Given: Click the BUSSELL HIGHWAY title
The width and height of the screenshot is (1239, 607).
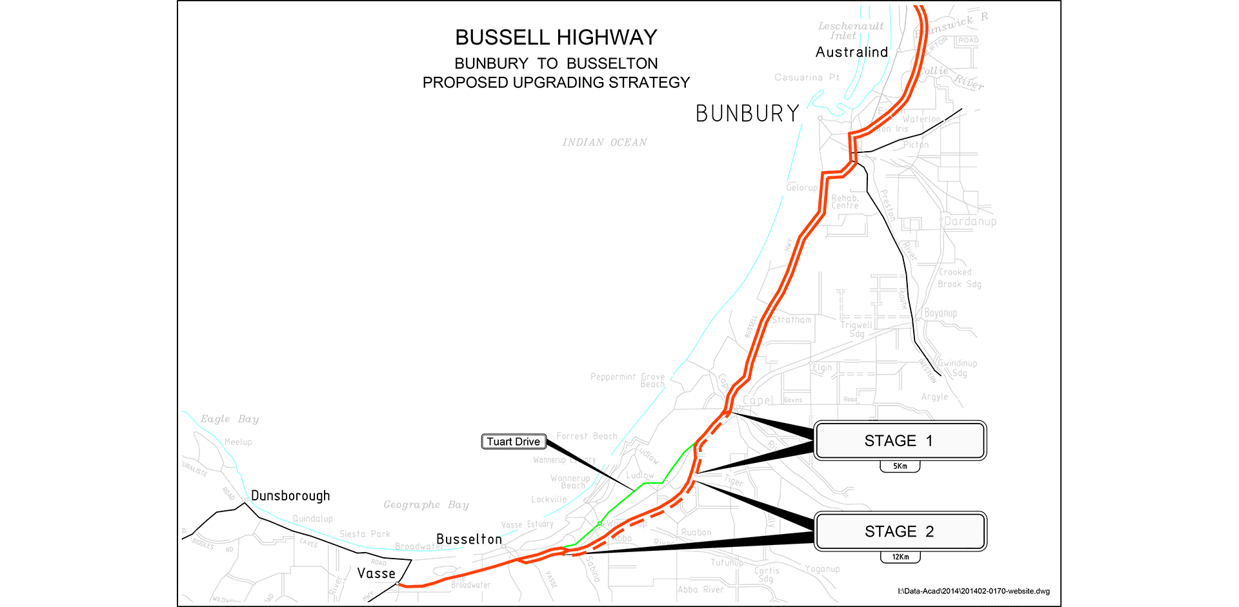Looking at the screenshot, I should (x=556, y=37).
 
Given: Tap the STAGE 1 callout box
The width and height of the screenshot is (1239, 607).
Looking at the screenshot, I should (x=900, y=441).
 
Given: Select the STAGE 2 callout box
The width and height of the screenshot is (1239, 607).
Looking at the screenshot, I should (x=900, y=531).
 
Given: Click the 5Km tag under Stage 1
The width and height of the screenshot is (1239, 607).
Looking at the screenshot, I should (x=900, y=466).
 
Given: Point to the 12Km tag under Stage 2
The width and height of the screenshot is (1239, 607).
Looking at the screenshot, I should (x=900, y=557).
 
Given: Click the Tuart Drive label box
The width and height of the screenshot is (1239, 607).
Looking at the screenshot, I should (x=514, y=442).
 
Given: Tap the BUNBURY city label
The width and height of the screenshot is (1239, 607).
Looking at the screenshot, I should (x=747, y=114).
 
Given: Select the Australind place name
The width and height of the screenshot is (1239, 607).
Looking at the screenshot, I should (x=852, y=52).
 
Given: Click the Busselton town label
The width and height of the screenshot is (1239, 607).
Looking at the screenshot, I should (x=469, y=539).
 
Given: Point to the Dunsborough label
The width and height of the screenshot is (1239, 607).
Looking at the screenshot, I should (x=290, y=496).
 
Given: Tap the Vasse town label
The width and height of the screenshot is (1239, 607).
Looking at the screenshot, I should (x=376, y=573).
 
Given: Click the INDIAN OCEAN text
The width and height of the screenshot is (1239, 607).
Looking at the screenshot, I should (x=605, y=143).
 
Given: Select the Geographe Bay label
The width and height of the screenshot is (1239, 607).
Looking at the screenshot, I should (x=426, y=505).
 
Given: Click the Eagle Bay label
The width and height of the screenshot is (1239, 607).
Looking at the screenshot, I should (x=230, y=419).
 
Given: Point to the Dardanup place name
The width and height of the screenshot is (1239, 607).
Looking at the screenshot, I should (x=970, y=221).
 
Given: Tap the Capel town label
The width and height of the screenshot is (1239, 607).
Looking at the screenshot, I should (x=758, y=400).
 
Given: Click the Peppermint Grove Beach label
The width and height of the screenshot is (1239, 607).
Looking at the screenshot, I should (x=628, y=380).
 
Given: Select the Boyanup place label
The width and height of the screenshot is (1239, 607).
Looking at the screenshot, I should (x=941, y=313).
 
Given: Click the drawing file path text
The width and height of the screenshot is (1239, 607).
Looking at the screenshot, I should (x=974, y=591).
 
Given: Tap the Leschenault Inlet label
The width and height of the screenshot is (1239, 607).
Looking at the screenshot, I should (x=851, y=30).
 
